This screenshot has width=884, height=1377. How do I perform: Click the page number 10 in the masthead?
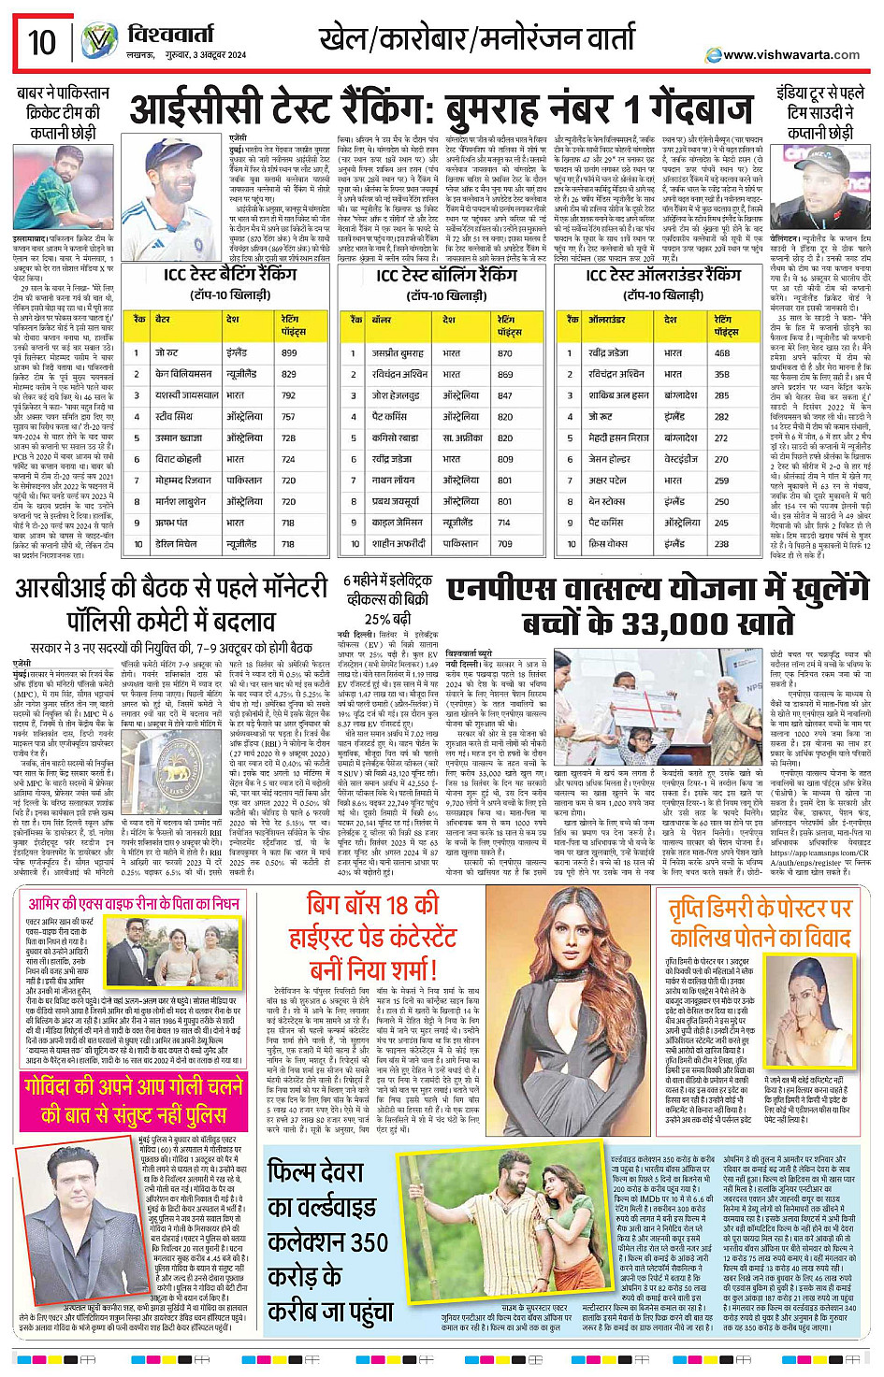41,42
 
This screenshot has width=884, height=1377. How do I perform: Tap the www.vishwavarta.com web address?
790,55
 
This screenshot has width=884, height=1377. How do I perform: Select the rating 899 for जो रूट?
289,353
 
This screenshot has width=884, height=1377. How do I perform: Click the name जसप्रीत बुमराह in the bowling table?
398,353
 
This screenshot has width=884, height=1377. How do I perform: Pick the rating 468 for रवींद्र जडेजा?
722,353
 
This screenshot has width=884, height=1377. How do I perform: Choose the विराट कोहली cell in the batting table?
178,459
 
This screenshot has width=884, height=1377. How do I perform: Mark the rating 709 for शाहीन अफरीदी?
505,543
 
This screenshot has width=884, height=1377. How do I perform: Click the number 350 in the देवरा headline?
355,1242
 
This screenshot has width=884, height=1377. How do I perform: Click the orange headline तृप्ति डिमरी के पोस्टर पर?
760,908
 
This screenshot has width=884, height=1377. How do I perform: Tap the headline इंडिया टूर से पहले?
819,93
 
